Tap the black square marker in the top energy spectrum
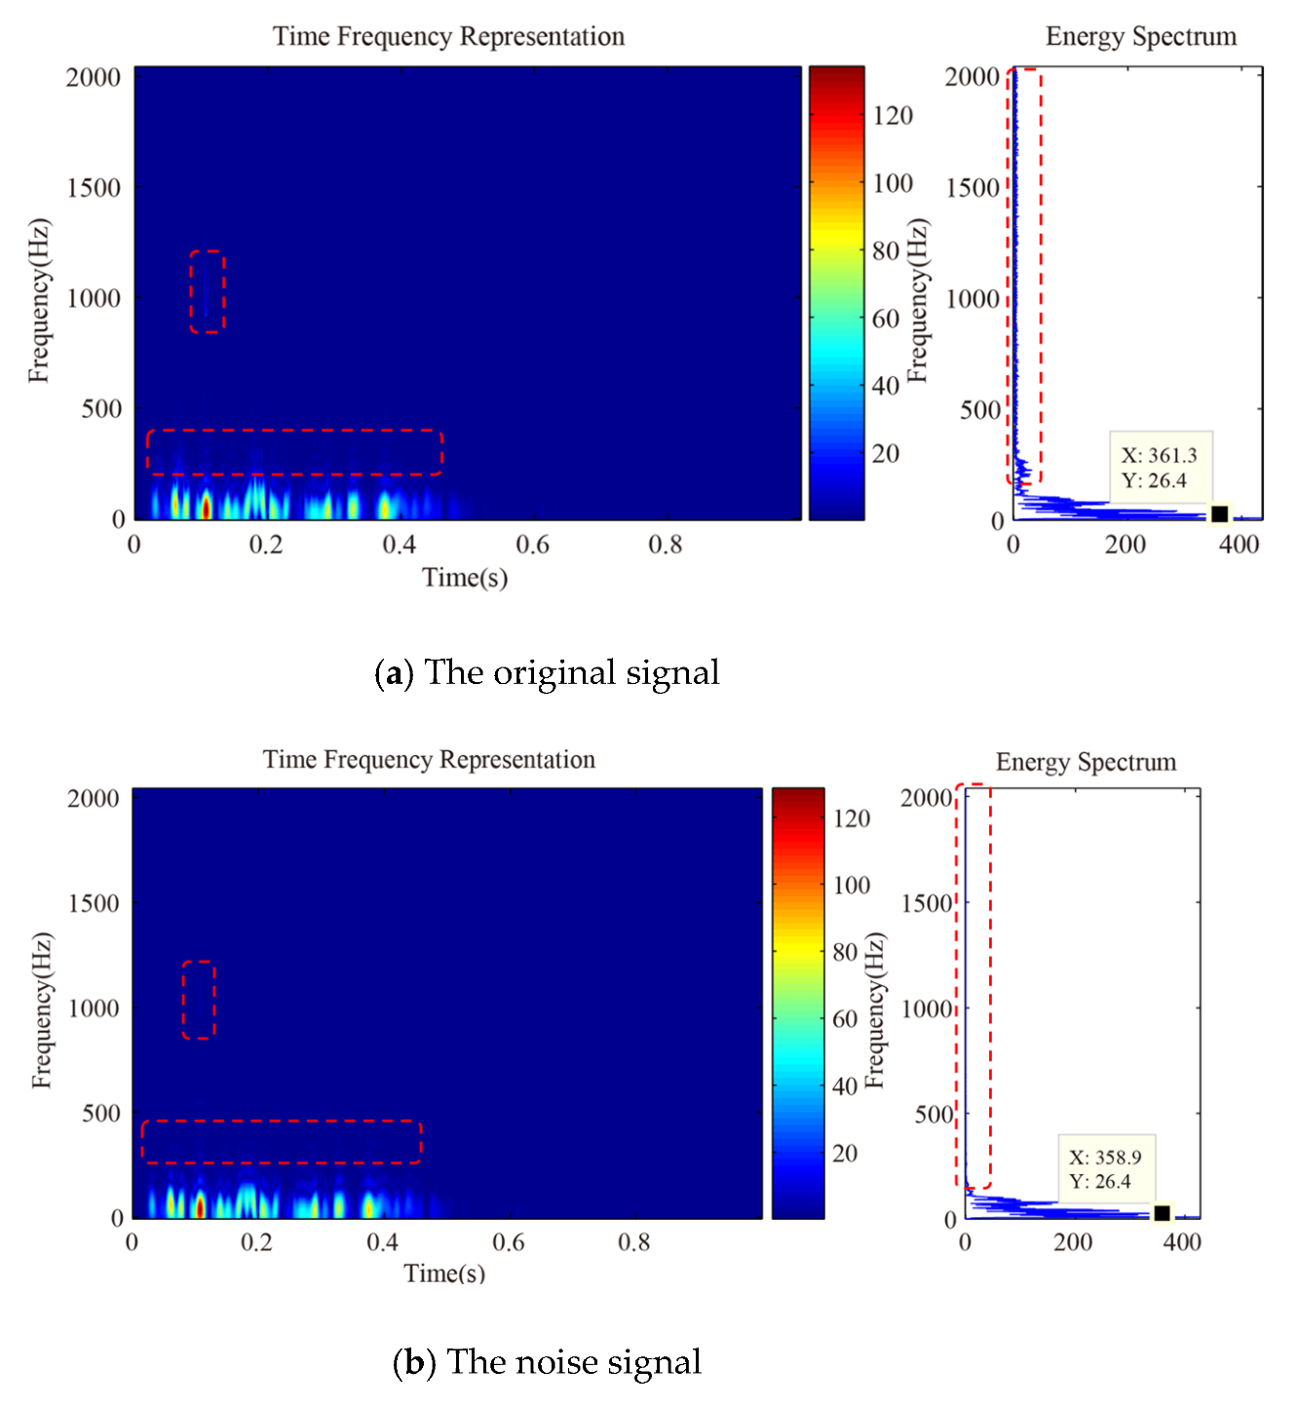point(1219,513)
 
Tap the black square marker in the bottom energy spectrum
point(1162,1213)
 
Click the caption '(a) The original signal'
point(547,672)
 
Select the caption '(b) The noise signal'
point(547,1361)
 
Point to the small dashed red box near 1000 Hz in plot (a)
point(207,291)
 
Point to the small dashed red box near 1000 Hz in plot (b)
point(198,1000)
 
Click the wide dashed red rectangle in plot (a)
point(294,452)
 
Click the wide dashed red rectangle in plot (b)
point(281,1142)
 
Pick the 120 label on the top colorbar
point(893,116)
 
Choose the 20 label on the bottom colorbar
point(845,1154)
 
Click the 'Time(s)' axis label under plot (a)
point(465,578)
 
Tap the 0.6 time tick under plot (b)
point(508,1242)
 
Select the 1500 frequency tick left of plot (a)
point(94,188)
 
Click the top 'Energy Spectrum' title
point(1140,37)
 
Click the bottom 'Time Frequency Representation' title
point(429,760)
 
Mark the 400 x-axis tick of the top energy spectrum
point(1238,545)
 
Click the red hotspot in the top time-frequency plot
point(206,507)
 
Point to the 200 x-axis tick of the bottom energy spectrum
point(1072,1242)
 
